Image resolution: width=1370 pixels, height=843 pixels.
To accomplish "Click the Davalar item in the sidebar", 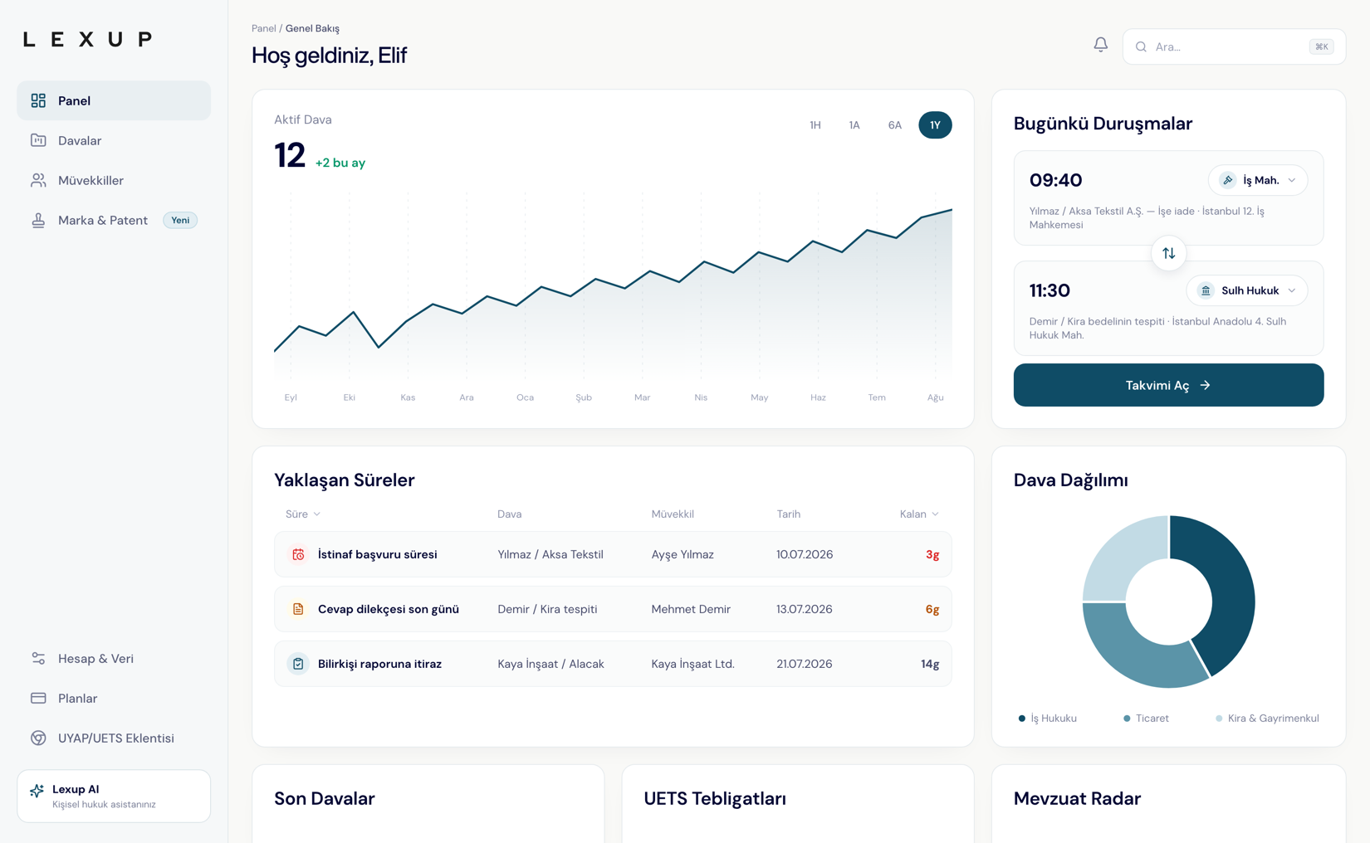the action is point(80,140).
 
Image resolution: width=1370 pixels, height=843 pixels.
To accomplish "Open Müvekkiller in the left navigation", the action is point(91,180).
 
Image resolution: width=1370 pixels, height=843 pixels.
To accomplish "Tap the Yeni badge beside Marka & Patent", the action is point(180,220).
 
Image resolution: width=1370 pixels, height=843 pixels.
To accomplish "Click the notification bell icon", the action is point(1100,45).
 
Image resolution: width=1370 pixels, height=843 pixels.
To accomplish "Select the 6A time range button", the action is point(895,125).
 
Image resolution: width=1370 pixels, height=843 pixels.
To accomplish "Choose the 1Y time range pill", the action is point(935,125).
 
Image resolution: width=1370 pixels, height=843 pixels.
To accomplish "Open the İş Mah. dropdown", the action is point(1258,180).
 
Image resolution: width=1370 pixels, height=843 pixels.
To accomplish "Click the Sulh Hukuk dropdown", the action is point(1247,290).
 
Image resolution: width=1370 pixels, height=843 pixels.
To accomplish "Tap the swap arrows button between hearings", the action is point(1169,253).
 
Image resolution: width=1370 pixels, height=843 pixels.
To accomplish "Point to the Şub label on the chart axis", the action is point(584,397).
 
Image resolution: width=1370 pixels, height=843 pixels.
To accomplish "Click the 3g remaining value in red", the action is point(932,554).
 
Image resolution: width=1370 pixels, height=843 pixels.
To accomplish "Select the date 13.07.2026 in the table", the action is point(805,609).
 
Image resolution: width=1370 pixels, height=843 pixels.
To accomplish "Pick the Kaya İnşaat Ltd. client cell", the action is point(693,664).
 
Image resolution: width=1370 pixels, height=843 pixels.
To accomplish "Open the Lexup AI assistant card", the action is point(114,796).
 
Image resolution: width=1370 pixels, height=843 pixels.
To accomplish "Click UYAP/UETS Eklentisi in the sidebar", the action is point(115,738).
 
